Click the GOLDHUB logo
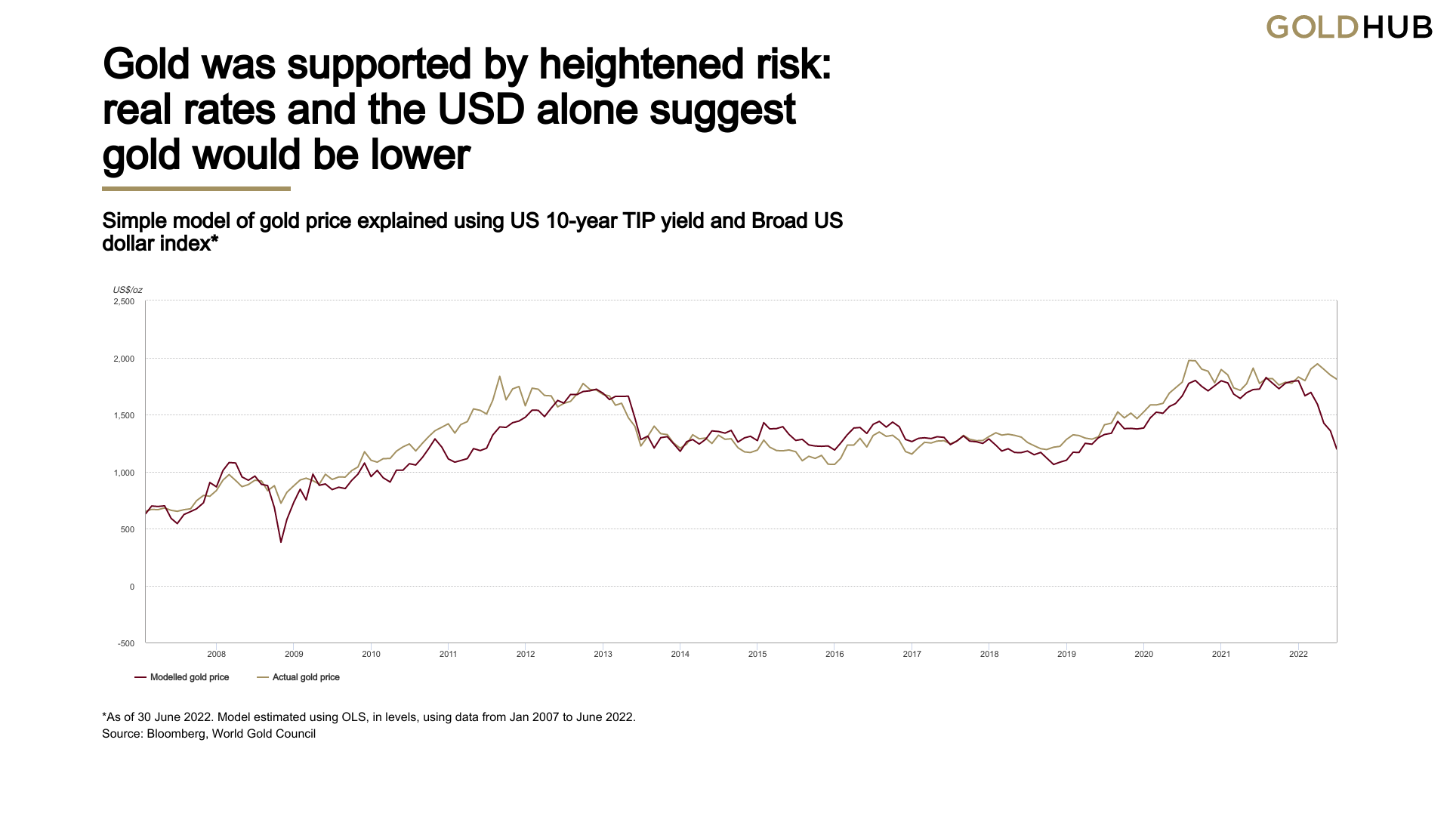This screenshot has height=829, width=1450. [1349, 28]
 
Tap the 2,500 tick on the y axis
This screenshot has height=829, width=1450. [124, 302]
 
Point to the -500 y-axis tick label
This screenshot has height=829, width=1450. [126, 644]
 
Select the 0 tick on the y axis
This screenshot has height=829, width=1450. [132, 587]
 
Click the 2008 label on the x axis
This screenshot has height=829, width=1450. [217, 655]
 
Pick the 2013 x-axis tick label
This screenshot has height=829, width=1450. [603, 655]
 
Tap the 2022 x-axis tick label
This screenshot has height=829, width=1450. [1298, 655]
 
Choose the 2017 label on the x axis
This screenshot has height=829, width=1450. [912, 655]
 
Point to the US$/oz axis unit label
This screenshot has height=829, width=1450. [128, 291]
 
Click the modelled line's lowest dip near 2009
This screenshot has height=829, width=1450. [281, 542]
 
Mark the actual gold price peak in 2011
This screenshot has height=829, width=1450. [500, 376]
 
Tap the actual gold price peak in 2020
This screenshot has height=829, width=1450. [1190, 360]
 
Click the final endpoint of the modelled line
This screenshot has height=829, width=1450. [1337, 449]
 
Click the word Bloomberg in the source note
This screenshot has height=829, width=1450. [175, 734]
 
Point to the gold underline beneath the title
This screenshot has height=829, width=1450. [196, 189]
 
